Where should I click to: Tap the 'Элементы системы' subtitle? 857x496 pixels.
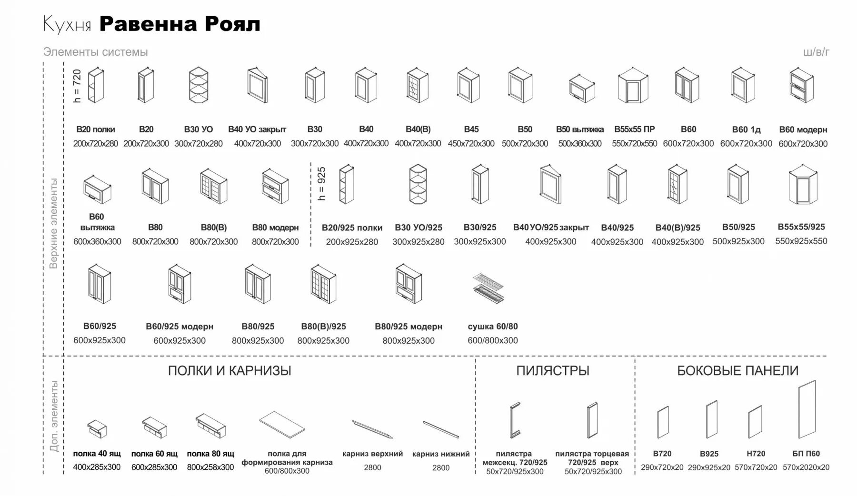tap(95, 52)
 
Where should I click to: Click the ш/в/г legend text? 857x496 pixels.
tap(816, 52)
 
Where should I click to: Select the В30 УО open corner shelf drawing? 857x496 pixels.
tap(199, 85)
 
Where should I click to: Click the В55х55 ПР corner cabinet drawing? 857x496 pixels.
tap(633, 85)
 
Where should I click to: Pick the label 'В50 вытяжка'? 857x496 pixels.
tap(579, 129)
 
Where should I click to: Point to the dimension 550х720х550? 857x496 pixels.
tap(634, 143)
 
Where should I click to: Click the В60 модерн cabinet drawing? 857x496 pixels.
tap(802, 85)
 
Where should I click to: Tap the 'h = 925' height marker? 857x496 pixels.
tap(322, 183)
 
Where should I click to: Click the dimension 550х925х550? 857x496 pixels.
tap(801, 241)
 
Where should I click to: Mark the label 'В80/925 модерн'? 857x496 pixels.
tap(408, 327)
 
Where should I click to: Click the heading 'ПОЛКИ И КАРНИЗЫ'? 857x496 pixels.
tap(229, 370)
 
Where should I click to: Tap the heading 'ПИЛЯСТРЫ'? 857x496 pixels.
tap(553, 370)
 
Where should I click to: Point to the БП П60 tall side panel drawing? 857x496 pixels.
tap(807, 409)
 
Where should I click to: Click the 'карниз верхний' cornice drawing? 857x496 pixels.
tap(372, 428)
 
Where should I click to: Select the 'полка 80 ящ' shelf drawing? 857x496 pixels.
tap(210, 425)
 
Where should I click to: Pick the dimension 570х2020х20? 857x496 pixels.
tap(806, 467)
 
